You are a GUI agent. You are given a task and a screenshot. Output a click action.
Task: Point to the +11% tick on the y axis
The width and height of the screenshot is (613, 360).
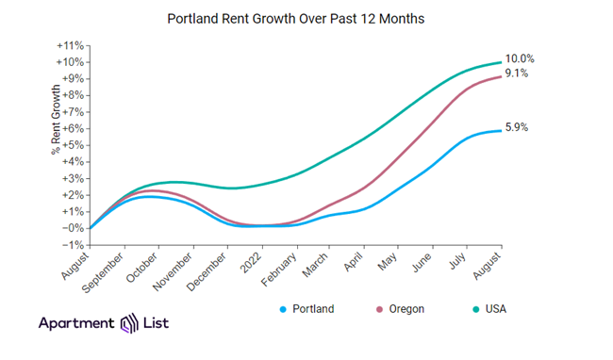(72, 45)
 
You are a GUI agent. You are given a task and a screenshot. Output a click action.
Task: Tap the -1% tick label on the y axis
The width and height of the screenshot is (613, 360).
(74, 244)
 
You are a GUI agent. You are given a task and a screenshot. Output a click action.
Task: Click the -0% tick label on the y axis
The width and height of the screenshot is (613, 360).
(74, 228)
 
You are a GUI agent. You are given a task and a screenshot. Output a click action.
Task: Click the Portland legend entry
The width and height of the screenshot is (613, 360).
(310, 308)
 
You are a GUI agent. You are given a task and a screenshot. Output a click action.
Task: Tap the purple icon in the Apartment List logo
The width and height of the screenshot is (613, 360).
(131, 325)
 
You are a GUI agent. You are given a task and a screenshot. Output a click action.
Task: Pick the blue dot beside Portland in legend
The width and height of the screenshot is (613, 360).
(284, 308)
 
